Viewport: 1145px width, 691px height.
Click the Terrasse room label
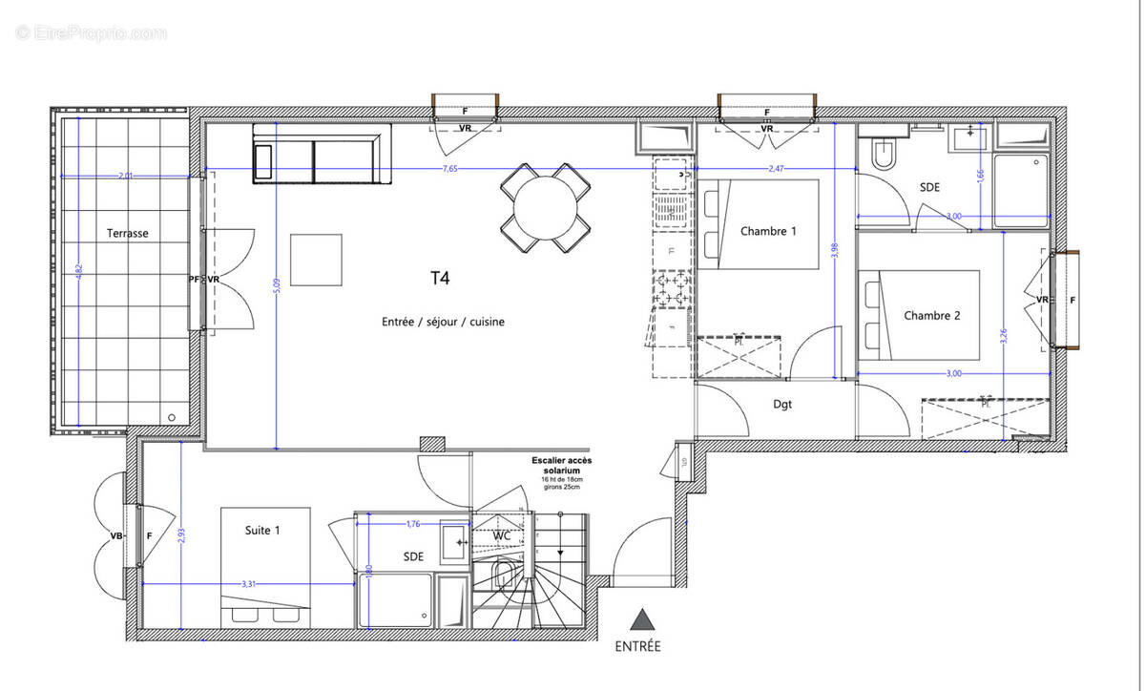127,233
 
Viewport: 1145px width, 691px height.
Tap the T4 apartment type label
440,279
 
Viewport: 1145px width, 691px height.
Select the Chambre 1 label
768,231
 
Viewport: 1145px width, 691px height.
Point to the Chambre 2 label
931,316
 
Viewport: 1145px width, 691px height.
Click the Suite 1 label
264,529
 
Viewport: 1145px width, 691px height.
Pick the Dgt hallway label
782,404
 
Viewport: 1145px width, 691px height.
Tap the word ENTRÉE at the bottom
638,646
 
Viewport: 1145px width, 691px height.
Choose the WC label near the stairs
503,536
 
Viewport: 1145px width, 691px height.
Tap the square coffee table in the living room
317,259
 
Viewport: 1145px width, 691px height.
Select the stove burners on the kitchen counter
671,290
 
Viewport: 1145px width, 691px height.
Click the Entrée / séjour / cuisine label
443,322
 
